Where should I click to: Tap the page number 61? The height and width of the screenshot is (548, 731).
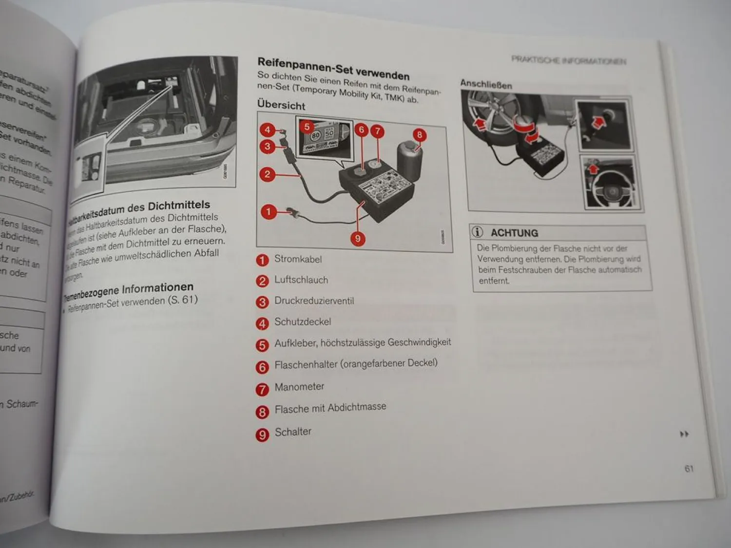point(689,469)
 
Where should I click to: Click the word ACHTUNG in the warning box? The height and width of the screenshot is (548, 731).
point(514,233)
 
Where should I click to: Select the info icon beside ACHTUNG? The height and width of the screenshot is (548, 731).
point(478,232)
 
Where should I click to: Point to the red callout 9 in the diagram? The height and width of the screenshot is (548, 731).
point(358,238)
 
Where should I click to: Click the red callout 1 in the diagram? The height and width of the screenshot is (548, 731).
point(268,211)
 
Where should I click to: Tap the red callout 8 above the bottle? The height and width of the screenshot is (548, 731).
point(419,135)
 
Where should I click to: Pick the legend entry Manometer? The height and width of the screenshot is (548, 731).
point(299,387)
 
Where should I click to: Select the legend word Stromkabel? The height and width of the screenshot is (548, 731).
point(298,259)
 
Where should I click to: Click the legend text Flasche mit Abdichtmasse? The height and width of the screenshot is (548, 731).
point(330,408)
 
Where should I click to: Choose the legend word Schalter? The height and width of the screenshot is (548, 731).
point(293,432)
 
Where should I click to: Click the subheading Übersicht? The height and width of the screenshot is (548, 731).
point(281,105)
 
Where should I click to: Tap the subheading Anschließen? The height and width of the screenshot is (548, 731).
point(486,84)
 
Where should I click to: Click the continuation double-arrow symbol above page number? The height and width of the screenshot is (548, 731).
point(684,434)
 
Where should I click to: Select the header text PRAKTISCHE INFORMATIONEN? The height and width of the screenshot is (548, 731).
point(568,60)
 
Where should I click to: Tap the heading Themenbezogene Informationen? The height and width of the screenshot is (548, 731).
point(129,291)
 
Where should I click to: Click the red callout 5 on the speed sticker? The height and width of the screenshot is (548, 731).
point(307,127)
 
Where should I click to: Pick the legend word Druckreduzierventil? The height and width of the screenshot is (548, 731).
point(314,301)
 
